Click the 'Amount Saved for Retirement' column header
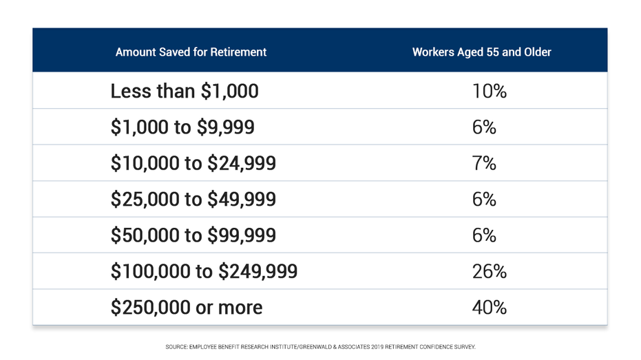click(191, 52)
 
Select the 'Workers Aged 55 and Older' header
click(481, 52)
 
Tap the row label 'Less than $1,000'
click(185, 91)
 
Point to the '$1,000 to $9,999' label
click(182, 127)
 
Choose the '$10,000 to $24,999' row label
click(193, 163)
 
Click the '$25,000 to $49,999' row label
click(193, 199)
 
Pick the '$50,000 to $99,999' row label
click(193, 235)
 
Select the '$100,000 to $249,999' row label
click(204, 271)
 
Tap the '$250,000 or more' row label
click(187, 307)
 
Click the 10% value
click(489, 91)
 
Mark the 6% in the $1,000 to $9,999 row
click(484, 127)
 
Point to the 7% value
click(484, 163)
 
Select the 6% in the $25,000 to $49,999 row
click(484, 199)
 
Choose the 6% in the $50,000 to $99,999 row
click(484, 235)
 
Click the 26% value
click(489, 271)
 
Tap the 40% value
click(489, 307)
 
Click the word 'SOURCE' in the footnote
click(176, 347)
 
